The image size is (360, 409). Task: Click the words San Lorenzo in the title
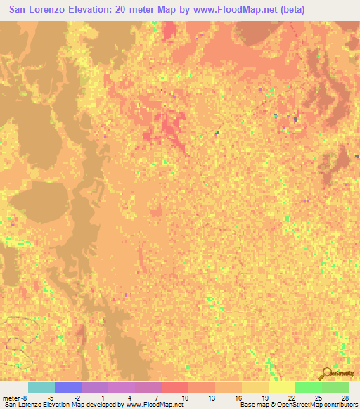pyautogui.click(x=44, y=9)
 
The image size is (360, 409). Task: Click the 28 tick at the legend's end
pyautogui.click(x=344, y=398)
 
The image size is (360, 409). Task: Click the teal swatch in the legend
pyautogui.click(x=41, y=387)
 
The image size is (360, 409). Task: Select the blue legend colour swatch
pyautogui.click(x=67, y=387)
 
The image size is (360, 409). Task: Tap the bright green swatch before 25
pyautogui.click(x=308, y=387)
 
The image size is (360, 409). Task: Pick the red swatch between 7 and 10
pyautogui.click(x=174, y=387)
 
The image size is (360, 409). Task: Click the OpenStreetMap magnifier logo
pyautogui.click(x=326, y=373)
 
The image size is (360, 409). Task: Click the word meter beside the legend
pyautogui.click(x=11, y=398)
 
